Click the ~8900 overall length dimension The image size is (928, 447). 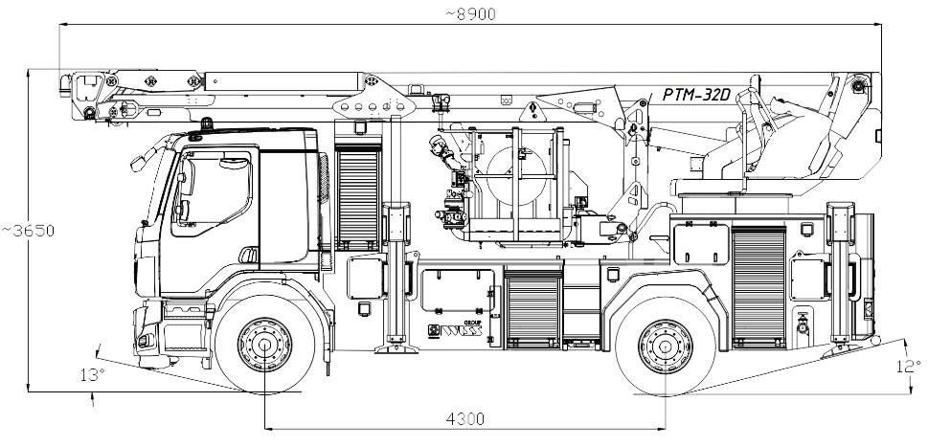[x=468, y=12]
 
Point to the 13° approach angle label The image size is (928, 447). [x=92, y=374]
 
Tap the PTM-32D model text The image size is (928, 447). [x=696, y=94]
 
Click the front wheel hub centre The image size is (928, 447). [x=263, y=343]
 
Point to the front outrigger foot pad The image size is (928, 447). [x=393, y=350]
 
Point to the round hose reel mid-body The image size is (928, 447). [x=517, y=182]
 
